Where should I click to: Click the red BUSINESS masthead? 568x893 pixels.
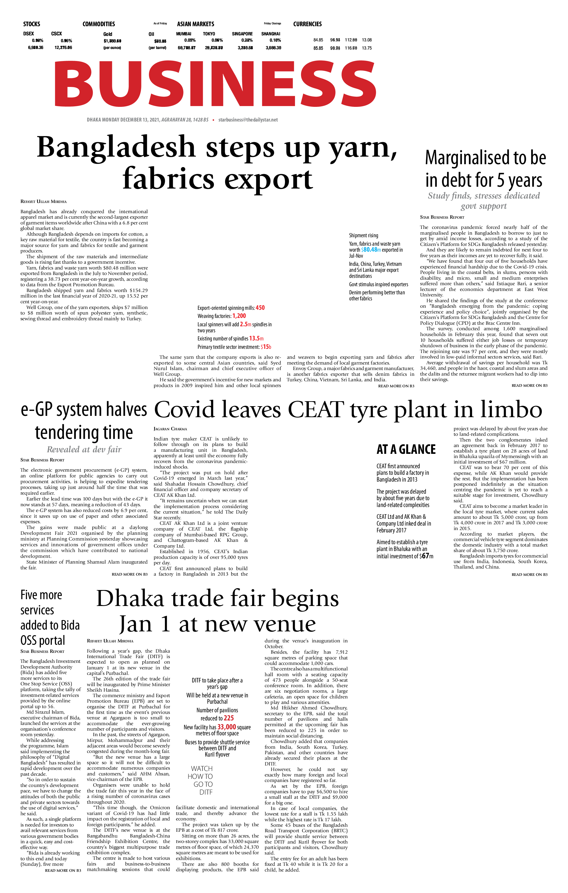pos(215,84)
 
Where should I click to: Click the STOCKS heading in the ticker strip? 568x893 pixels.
pos(31,24)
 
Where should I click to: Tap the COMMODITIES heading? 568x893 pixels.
pos(99,24)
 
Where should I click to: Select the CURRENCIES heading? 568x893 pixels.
pos(307,24)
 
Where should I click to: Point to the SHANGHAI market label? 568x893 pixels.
pos(271,34)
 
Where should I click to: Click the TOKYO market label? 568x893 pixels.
pos(209,34)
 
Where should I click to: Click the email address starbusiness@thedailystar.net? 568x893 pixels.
pos(248,120)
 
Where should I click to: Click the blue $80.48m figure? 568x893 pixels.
pos(371,250)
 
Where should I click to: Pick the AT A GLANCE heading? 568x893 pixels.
pos(406,449)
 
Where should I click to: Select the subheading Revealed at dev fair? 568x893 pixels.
pos(84,449)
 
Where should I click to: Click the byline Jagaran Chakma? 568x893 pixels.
pos(170,429)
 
